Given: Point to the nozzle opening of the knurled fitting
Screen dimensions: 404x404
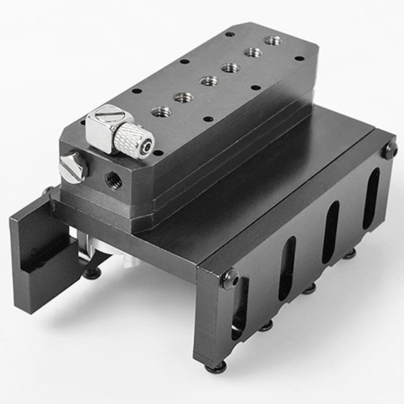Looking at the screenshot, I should click(146, 146).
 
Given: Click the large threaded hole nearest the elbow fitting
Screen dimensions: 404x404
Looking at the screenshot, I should click(161, 112).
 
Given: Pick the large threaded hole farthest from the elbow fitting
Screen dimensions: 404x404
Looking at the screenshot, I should click(273, 40).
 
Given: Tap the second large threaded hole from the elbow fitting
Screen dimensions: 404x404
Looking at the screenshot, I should click(184, 97).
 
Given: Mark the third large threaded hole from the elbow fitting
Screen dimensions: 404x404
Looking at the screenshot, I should click(209, 81).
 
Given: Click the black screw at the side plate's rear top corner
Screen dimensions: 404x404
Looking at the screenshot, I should click(389, 149).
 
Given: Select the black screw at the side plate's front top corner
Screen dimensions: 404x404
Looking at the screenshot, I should click(230, 278).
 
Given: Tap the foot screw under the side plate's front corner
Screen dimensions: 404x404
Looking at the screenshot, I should click(216, 368).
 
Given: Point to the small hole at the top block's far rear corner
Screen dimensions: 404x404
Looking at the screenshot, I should click(230, 34).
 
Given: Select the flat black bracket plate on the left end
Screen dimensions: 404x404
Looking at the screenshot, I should click(38, 258).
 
